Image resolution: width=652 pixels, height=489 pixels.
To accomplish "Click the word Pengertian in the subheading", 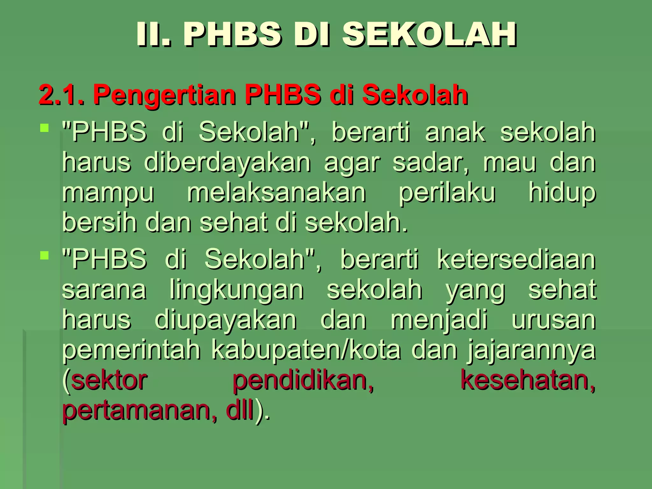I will (x=164, y=95).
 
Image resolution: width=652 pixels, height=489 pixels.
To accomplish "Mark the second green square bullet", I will (x=45, y=255).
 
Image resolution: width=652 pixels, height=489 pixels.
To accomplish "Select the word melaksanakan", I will (x=276, y=193).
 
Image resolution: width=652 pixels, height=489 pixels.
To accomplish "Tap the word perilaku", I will (x=447, y=193).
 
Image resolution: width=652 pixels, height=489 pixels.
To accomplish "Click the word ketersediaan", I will (x=516, y=259).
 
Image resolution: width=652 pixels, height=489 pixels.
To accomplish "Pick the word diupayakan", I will (x=226, y=320).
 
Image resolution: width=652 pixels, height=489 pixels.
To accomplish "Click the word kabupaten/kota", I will (x=306, y=350).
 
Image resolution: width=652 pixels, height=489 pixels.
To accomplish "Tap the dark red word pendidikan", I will (x=303, y=380).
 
